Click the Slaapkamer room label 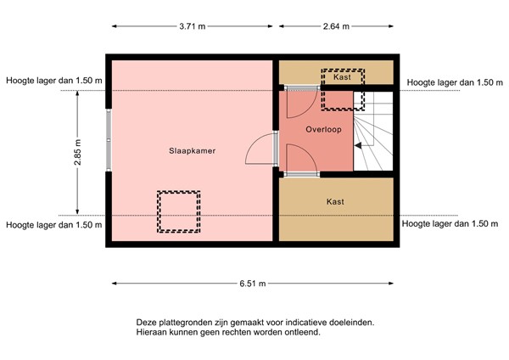click(192, 151)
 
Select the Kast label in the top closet click(342, 77)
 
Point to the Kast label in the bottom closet click(336, 202)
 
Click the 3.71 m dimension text click(192, 27)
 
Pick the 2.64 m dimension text click(336, 27)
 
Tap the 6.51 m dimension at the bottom click(251, 284)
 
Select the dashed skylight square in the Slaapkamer click(178, 211)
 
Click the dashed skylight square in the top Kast click(343, 89)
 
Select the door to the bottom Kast click(301, 158)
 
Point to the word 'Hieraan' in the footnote click(154, 333)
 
